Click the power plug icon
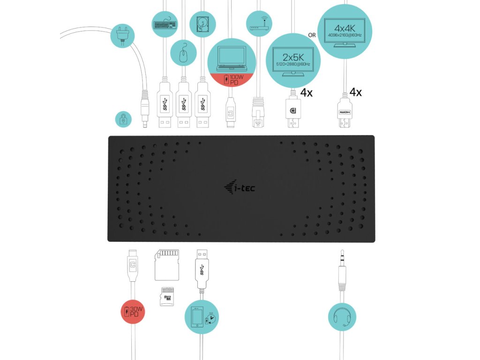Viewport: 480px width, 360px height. tap(122, 36)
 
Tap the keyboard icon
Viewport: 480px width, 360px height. tap(165, 23)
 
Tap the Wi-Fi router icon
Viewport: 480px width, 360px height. tap(259, 23)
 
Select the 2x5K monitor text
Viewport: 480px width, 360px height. tap(293, 59)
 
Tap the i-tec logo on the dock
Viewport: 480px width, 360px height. tap(240, 188)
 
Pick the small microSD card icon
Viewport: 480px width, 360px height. tap(166, 296)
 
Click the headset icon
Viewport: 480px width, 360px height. tap(342, 316)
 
